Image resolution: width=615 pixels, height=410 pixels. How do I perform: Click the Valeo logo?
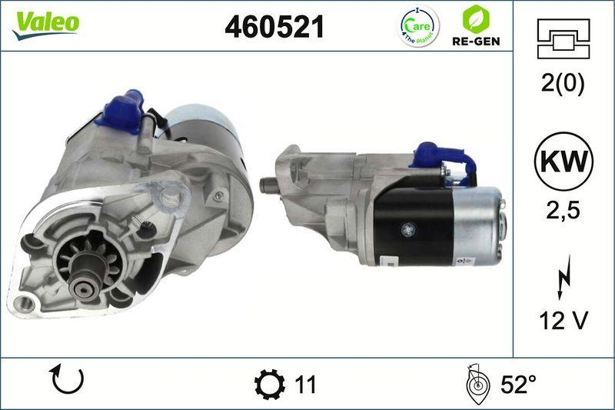[x=45, y=22]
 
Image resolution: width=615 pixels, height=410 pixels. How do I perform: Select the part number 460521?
[x=274, y=27]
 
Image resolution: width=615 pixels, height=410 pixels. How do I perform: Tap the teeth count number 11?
[x=305, y=383]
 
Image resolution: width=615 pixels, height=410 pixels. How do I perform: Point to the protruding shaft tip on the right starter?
[x=268, y=185]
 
